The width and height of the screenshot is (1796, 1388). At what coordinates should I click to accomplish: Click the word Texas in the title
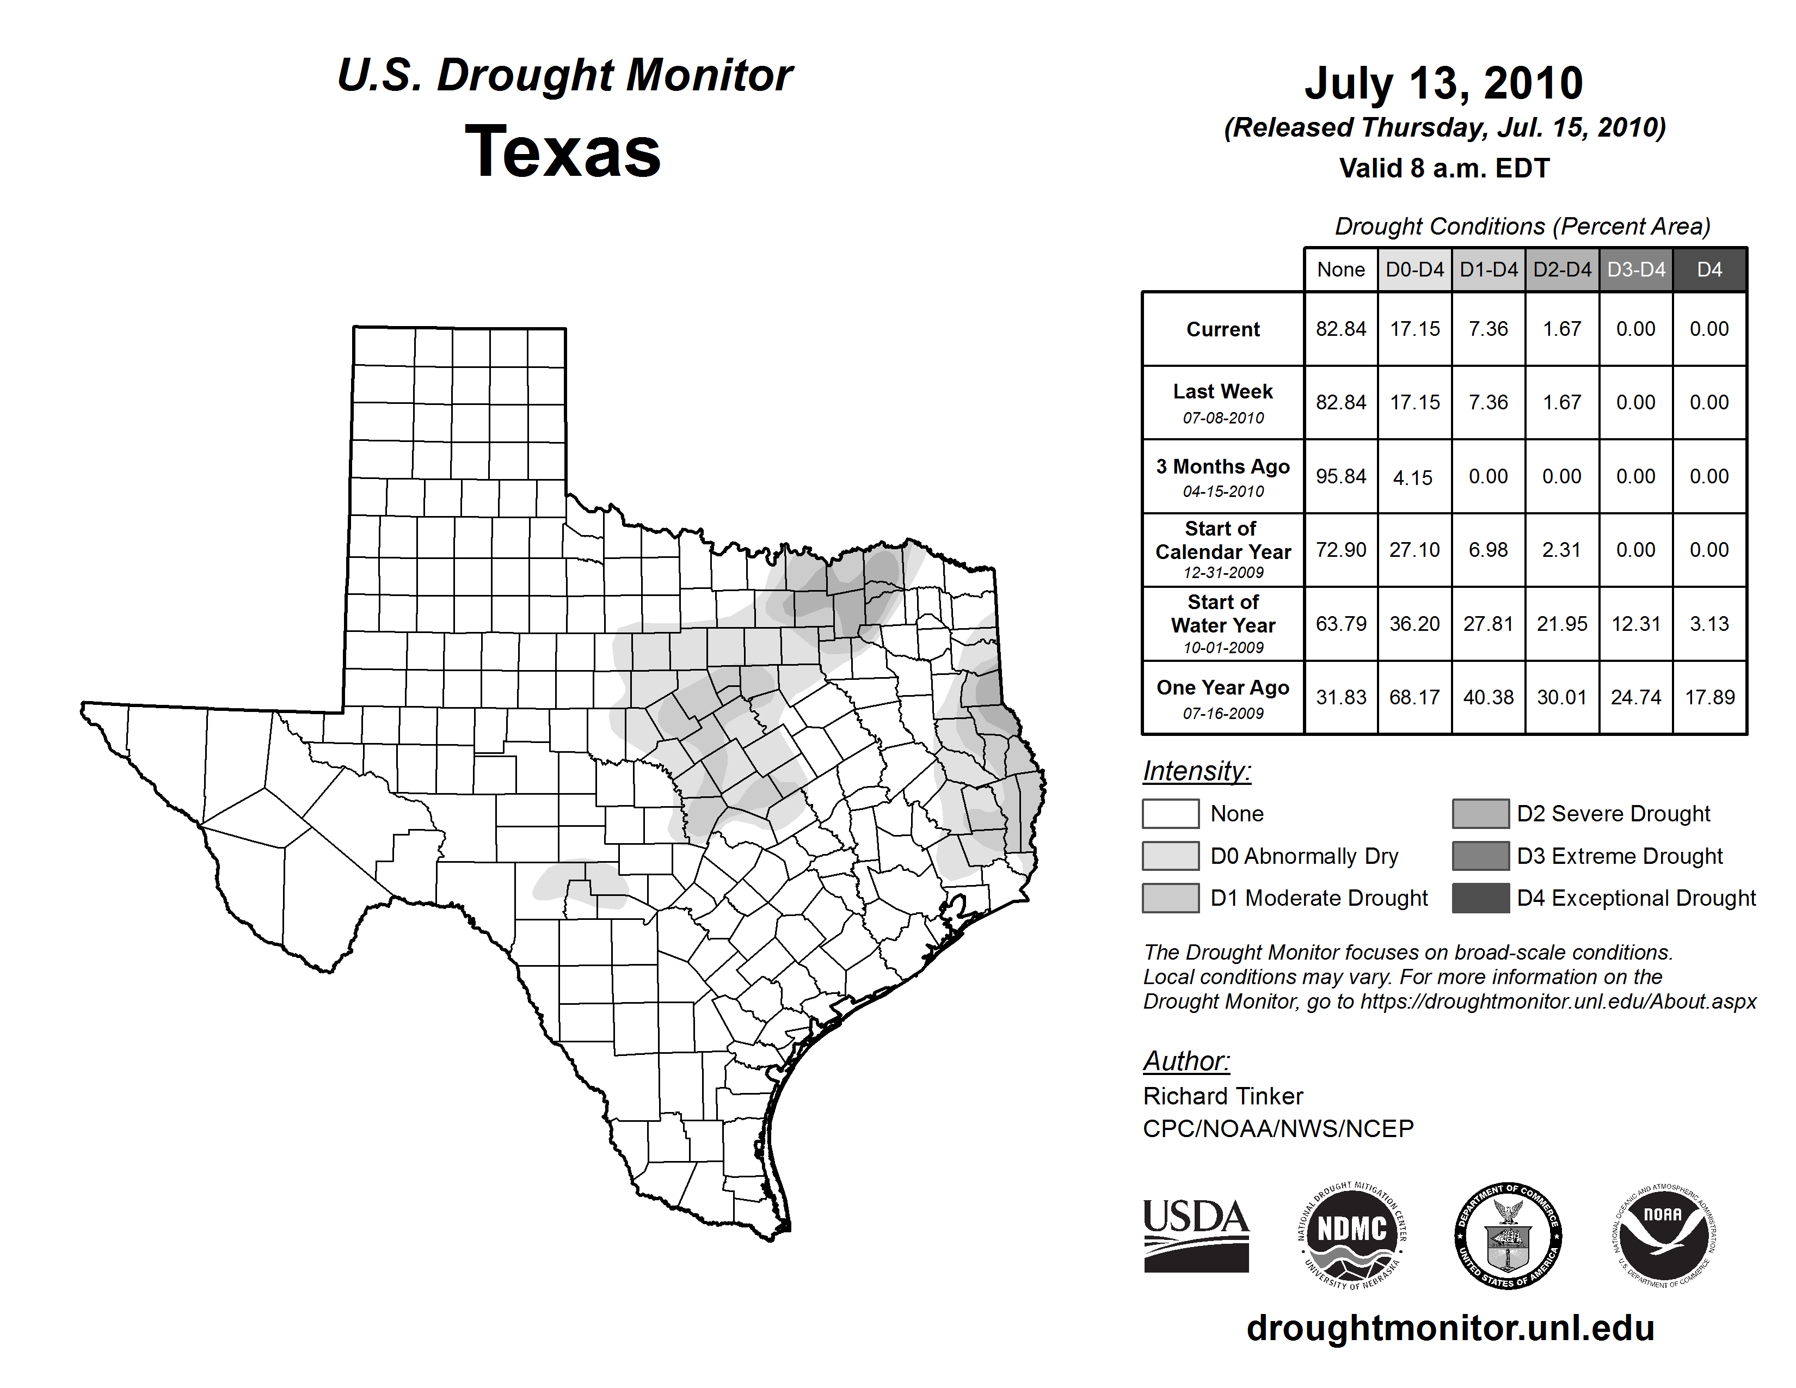click(563, 152)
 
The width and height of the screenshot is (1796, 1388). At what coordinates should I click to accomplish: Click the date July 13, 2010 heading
click(1443, 83)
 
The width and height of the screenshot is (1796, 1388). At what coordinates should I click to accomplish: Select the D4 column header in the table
click(1709, 269)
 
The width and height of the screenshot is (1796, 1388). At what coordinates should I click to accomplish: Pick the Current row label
click(1223, 329)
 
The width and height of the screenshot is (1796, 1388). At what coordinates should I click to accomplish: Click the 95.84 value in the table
click(1340, 476)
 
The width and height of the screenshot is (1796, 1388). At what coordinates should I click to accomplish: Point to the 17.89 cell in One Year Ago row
click(1709, 697)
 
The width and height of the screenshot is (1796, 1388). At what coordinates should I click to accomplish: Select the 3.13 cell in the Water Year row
click(1709, 624)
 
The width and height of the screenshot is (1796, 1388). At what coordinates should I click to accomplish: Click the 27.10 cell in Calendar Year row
click(1414, 549)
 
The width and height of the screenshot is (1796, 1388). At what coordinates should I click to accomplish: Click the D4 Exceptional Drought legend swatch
click(1480, 898)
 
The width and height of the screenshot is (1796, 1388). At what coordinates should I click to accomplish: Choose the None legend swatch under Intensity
click(1170, 813)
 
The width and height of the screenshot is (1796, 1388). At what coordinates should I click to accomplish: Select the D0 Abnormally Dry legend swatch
click(1170, 855)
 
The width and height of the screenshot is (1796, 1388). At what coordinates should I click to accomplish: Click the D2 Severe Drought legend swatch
click(1480, 813)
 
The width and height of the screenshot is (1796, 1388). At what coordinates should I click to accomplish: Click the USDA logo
click(1196, 1235)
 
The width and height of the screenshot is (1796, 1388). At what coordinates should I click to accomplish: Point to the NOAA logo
click(1664, 1235)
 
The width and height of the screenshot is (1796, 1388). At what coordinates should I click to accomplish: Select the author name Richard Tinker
click(1223, 1096)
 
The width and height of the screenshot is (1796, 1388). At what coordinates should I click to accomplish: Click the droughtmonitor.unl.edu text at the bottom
click(1450, 1328)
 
